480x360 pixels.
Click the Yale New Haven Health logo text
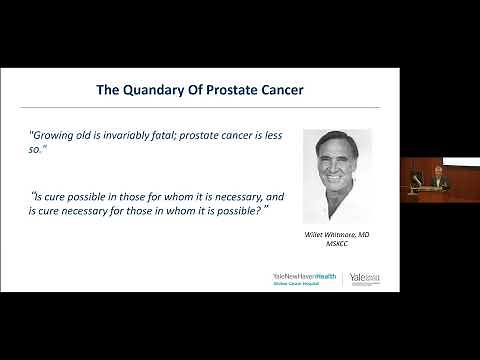305,275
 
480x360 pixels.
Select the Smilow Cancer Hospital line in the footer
297,283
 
